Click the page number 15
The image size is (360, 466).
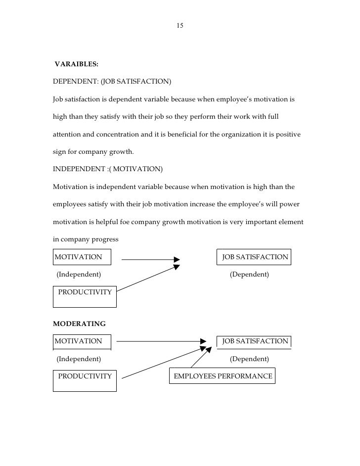coord(180,25)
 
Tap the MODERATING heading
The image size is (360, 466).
coord(79,324)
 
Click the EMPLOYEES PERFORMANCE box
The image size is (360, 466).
coord(223,376)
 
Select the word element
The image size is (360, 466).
coord(289,222)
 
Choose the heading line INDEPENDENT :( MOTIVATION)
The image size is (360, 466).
coord(107,169)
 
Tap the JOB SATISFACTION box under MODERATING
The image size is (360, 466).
coord(254,341)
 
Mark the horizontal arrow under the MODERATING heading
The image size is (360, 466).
coord(161,341)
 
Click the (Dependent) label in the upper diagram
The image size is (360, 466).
coord(249,274)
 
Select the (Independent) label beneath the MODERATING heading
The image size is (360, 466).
coord(79,358)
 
